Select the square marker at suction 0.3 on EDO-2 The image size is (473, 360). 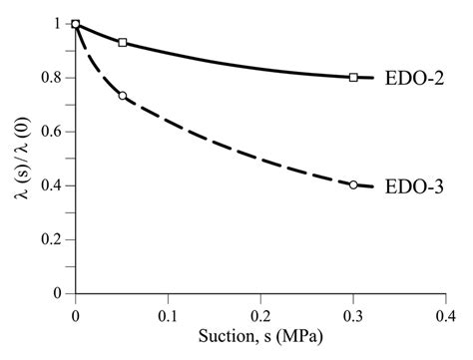click(x=353, y=77)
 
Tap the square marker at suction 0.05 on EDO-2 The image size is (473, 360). click(x=122, y=43)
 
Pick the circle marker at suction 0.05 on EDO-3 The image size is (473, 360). click(x=122, y=96)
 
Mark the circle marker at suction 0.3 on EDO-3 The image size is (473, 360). click(x=353, y=184)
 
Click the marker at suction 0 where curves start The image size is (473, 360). click(x=76, y=24)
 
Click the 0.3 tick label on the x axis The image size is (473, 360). click(x=353, y=312)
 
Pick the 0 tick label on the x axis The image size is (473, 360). click(x=76, y=312)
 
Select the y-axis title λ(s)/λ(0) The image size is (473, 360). click(x=21, y=159)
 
